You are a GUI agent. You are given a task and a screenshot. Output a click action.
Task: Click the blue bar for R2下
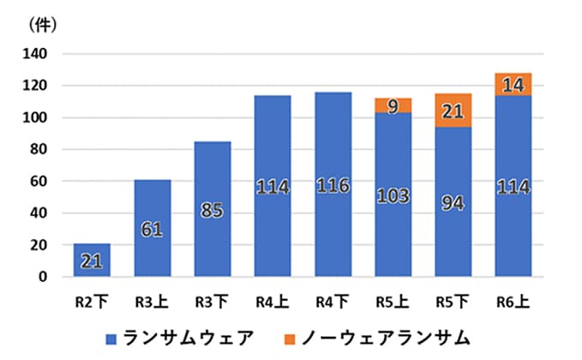[92, 260]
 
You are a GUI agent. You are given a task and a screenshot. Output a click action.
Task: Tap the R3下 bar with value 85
[213, 209]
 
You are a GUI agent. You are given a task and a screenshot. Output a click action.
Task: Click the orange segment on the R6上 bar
[513, 85]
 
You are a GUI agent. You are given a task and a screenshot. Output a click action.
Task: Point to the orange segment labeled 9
[393, 105]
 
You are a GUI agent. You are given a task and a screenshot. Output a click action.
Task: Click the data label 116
[333, 185]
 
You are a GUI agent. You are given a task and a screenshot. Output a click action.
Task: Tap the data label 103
[393, 195]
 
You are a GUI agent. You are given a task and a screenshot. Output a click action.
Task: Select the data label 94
[453, 203]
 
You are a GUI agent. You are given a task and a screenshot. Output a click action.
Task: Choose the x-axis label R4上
[273, 301]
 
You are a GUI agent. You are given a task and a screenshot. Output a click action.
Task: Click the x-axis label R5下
[453, 301]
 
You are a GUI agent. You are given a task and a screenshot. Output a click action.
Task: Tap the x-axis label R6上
[513, 301]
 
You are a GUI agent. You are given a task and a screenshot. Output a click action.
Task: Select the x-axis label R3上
[153, 301]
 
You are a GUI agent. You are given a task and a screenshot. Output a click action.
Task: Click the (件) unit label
[42, 24]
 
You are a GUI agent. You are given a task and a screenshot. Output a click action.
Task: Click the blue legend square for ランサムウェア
[111, 337]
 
